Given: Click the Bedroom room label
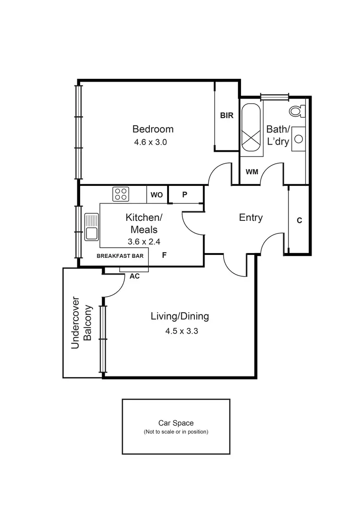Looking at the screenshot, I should (153, 129).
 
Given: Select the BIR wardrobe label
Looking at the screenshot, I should (227, 116).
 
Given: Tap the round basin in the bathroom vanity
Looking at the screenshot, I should (299, 139).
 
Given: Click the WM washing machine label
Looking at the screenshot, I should (252, 171).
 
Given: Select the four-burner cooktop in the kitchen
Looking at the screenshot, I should (121, 194).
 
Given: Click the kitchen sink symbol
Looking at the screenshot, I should (91, 227).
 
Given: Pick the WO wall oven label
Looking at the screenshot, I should (157, 195).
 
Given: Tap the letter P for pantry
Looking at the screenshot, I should (185, 195).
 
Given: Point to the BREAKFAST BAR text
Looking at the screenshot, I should (120, 256).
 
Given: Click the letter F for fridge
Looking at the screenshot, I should (164, 255).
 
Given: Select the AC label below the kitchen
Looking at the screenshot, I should (135, 277).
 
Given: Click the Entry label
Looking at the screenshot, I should (251, 218).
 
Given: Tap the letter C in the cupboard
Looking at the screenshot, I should (299, 220).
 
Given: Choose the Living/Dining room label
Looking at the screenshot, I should (180, 316).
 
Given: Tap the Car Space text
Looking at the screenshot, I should (176, 423).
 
